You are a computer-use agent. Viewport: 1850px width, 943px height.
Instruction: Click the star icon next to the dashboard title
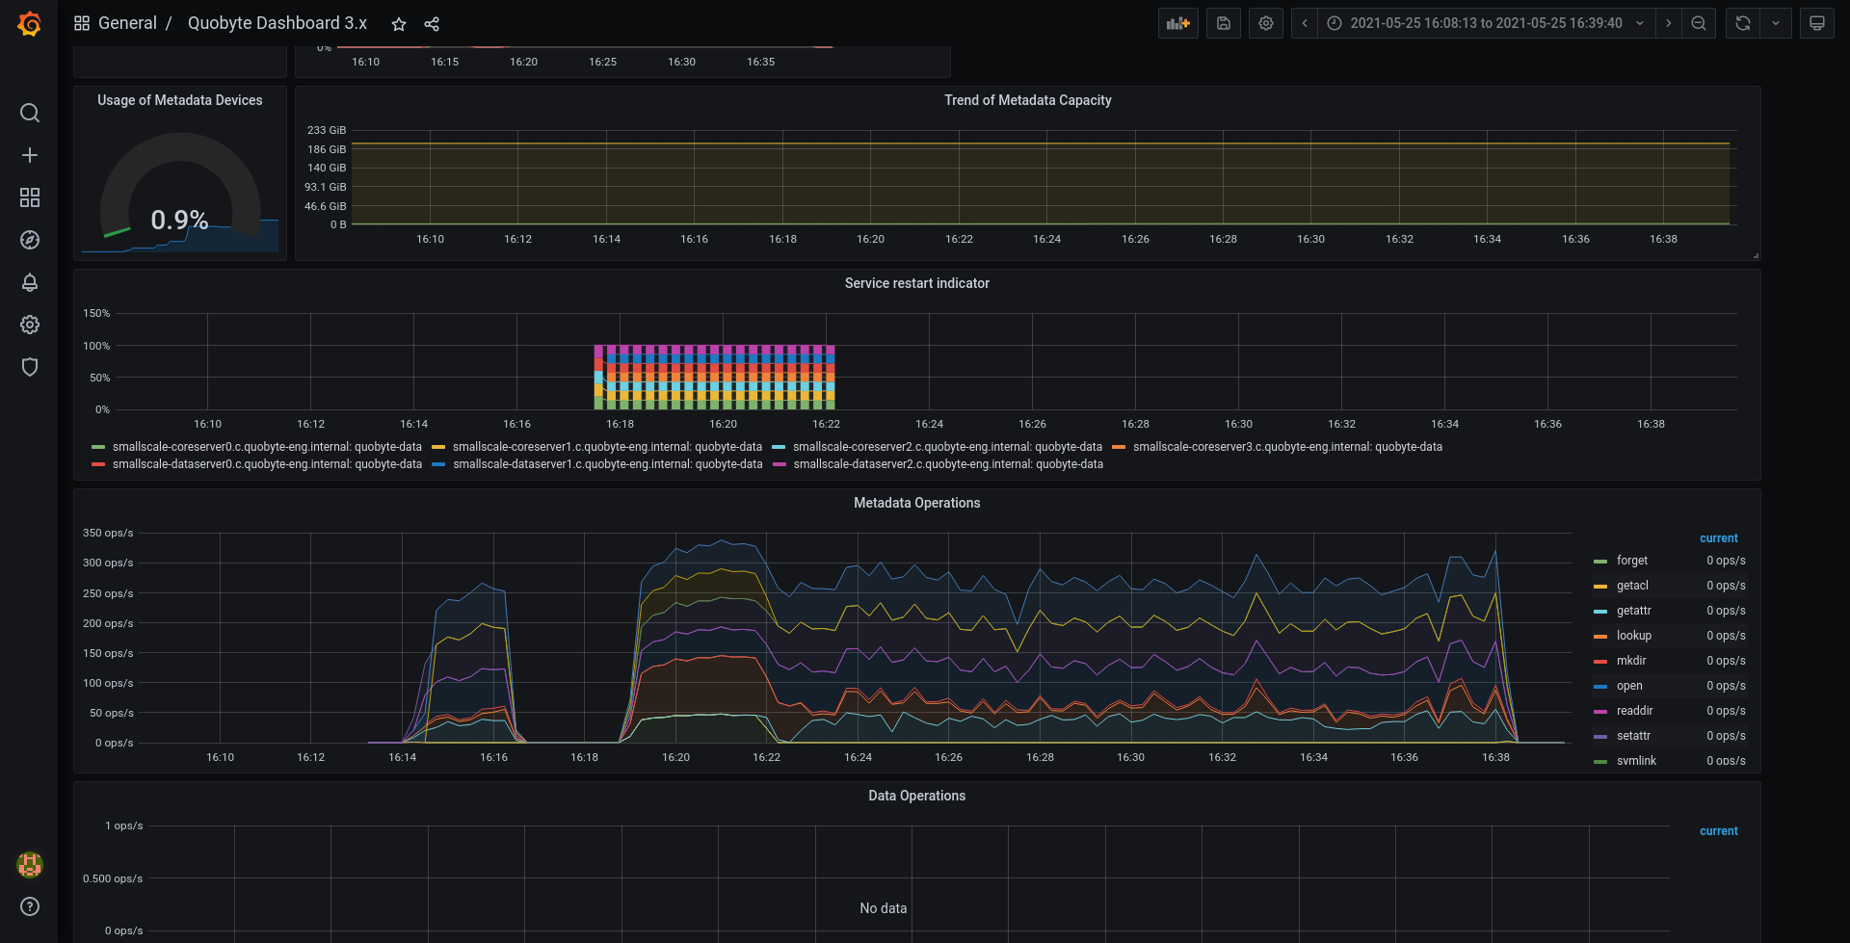click(399, 24)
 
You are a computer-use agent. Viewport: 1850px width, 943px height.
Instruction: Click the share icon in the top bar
click(432, 24)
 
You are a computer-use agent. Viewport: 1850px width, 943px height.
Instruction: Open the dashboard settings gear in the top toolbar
click(1266, 23)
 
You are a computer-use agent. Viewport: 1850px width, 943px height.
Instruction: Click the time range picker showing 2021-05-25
click(1487, 23)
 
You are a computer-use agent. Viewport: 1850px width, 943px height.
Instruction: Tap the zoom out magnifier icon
click(1699, 23)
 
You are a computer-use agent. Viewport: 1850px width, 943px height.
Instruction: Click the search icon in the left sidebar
click(30, 113)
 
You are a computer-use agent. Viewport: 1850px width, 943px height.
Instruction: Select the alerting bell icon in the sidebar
click(30, 282)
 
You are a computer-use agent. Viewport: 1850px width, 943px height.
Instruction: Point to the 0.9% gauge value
click(179, 221)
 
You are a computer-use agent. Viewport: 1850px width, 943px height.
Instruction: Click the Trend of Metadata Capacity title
click(1028, 100)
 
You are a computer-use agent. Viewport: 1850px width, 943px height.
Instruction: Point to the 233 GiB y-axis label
click(327, 130)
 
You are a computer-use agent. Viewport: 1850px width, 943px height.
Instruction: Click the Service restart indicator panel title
click(917, 283)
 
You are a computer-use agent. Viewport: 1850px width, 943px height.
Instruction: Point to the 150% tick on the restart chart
click(96, 313)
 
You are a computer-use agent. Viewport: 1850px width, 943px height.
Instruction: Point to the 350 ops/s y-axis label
click(108, 533)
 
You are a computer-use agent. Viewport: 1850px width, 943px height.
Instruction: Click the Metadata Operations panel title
click(917, 503)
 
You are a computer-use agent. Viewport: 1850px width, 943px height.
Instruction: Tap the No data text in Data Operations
click(884, 908)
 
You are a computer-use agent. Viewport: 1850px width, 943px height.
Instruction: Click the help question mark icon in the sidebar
click(30, 906)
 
